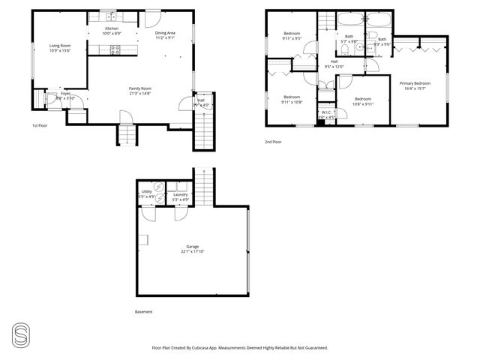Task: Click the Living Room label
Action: [60, 46]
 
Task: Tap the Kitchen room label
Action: [112, 29]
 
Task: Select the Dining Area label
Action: [166, 33]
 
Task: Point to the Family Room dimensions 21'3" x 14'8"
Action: [140, 93]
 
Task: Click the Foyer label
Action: [65, 94]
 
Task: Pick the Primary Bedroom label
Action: [415, 83]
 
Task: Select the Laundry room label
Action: [180, 195]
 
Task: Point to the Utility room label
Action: [147, 192]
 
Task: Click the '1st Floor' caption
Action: [40, 125]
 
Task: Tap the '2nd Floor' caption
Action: [273, 142]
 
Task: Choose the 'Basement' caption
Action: [143, 312]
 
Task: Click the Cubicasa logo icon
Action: [21, 334]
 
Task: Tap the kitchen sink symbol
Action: [109, 16]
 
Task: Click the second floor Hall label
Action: [333, 62]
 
